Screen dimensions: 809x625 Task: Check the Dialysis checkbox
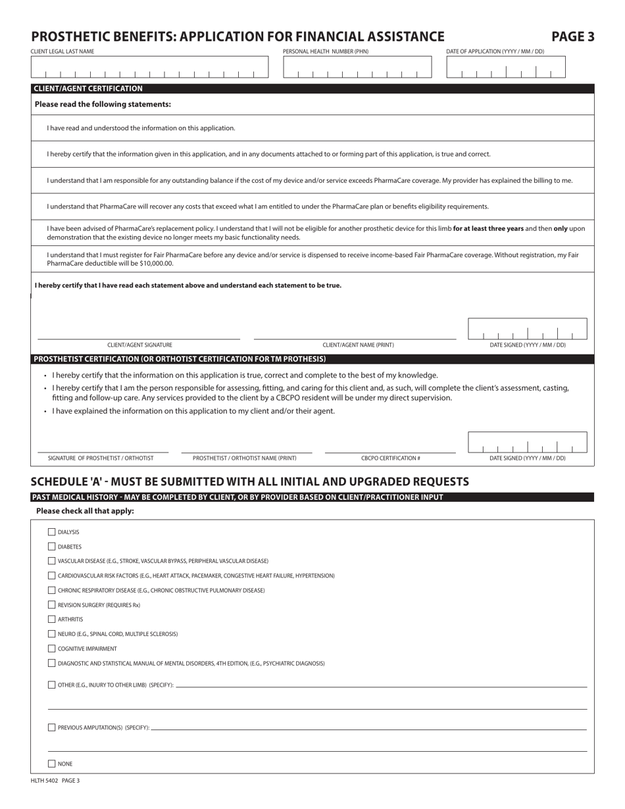52,532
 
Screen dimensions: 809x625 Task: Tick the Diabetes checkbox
52,547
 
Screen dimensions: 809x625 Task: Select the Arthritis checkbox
52,620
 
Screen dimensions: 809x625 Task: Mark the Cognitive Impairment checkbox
52,649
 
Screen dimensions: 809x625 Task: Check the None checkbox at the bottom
52,764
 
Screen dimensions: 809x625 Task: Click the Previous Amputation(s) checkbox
52,727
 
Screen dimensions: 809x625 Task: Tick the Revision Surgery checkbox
52,605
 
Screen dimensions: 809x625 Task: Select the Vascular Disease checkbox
52,561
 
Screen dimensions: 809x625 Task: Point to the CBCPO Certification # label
390,458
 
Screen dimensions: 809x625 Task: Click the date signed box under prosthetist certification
527,443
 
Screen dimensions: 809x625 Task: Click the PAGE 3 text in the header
572,37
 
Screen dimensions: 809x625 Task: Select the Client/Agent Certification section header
88,88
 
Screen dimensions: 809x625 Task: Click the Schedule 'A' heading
250,481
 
